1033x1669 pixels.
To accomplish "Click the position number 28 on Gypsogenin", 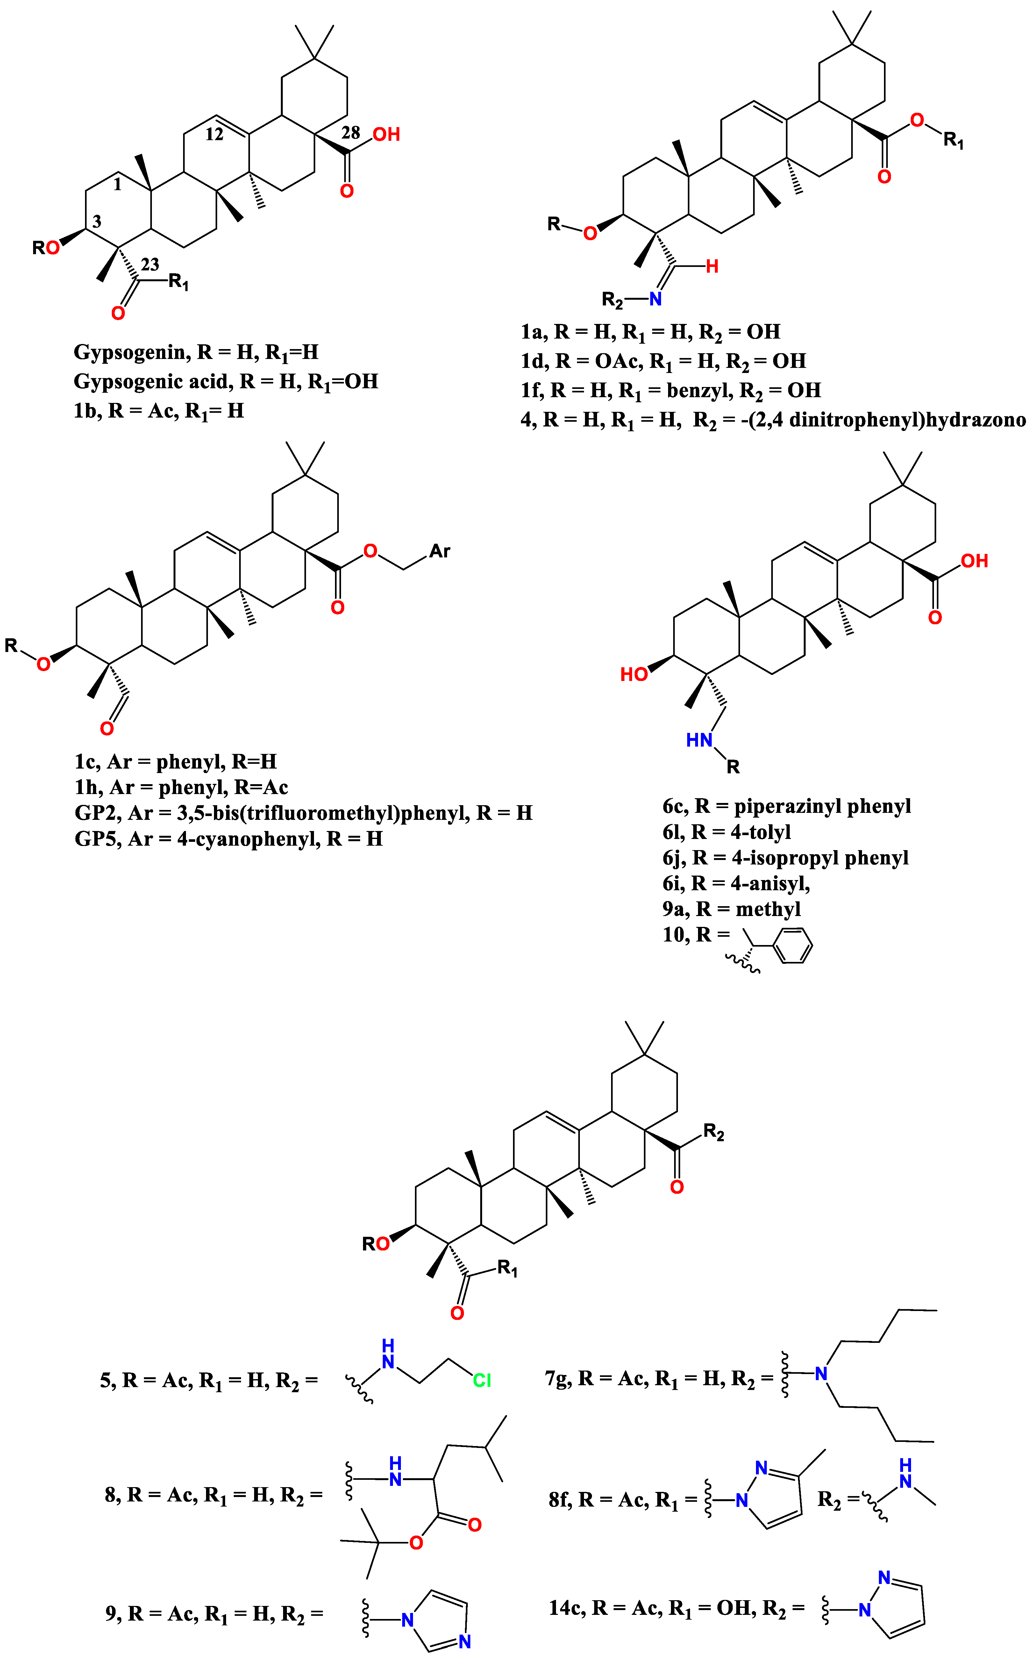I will click(x=351, y=133).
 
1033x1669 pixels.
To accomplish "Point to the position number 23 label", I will click(x=150, y=264).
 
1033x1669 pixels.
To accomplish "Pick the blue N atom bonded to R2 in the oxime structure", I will click(x=655, y=298).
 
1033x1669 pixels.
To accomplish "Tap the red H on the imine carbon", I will click(x=712, y=267).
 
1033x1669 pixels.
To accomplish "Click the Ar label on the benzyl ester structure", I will click(x=439, y=551).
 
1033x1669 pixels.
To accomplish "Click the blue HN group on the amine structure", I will click(x=699, y=740).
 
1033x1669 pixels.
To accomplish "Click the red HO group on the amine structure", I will click(x=633, y=674).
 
